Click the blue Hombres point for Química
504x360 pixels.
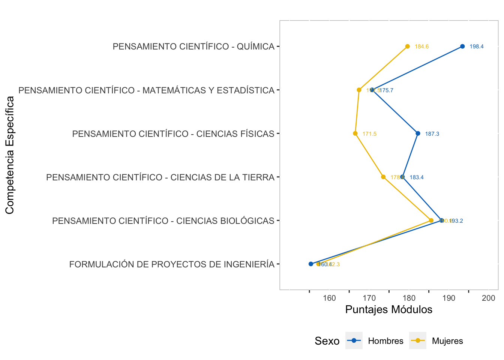click(462, 46)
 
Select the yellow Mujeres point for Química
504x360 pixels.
click(408, 46)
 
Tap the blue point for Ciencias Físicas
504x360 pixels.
click(418, 133)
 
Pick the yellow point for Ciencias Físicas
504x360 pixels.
click(355, 133)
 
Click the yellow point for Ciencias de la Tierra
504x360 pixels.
click(383, 177)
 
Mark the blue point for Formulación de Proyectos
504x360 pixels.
click(311, 264)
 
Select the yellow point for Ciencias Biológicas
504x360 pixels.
click(431, 220)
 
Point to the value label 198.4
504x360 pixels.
click(477, 46)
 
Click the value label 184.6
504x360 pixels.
click(422, 46)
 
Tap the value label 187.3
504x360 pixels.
click(432, 134)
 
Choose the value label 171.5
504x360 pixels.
click(369, 134)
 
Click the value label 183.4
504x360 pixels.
click(417, 177)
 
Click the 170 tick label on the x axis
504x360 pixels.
click(369, 298)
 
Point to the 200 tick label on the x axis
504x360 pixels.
click(489, 298)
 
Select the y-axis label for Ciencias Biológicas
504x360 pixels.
click(163, 221)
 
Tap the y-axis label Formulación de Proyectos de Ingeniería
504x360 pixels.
click(172, 264)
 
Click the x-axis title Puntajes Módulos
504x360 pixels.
click(388, 309)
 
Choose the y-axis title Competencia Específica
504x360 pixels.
click(10, 155)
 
